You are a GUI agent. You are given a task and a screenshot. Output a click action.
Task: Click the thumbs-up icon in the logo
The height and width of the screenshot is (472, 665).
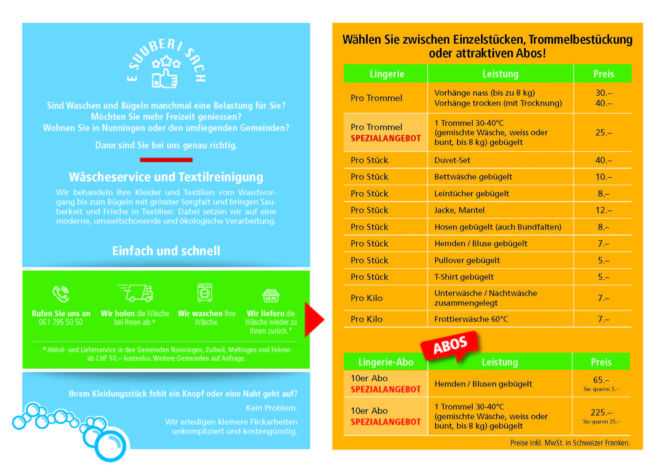165,78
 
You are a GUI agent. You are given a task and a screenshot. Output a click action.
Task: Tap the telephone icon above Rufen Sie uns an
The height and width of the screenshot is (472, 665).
61,294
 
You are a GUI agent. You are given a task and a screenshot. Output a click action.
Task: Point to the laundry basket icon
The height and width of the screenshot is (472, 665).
271,295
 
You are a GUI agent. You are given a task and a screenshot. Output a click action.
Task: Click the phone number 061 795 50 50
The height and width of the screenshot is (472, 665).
61,322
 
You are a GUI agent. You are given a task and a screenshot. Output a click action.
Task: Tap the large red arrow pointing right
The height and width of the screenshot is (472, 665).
314,319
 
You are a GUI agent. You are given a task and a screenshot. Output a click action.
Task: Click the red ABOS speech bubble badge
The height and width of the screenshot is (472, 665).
450,345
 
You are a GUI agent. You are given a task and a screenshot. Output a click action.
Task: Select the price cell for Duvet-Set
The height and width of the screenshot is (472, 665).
603,160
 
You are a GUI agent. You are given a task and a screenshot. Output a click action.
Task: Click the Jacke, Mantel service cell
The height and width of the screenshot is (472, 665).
459,210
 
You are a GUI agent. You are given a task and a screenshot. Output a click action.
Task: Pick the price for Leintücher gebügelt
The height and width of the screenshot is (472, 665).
603,194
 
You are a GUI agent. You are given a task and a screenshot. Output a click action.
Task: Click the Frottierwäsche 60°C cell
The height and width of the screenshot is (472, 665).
471,319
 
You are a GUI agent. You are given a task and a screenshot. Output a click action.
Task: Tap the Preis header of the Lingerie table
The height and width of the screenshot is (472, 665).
603,74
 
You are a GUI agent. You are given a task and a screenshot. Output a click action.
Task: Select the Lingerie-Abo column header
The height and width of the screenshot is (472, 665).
385,362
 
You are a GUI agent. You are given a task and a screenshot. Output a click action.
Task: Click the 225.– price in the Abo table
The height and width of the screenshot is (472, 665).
601,413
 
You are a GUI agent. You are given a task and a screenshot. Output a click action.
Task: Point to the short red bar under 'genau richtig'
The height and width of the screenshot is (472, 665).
166,160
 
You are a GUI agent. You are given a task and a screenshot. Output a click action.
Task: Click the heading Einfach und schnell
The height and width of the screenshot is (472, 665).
166,251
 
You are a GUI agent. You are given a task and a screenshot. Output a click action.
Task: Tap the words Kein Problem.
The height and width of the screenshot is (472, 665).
271,408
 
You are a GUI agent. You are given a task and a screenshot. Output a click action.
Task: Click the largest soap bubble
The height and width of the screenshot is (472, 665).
111,446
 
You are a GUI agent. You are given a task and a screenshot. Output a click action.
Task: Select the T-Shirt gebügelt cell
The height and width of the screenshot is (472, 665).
464,277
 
